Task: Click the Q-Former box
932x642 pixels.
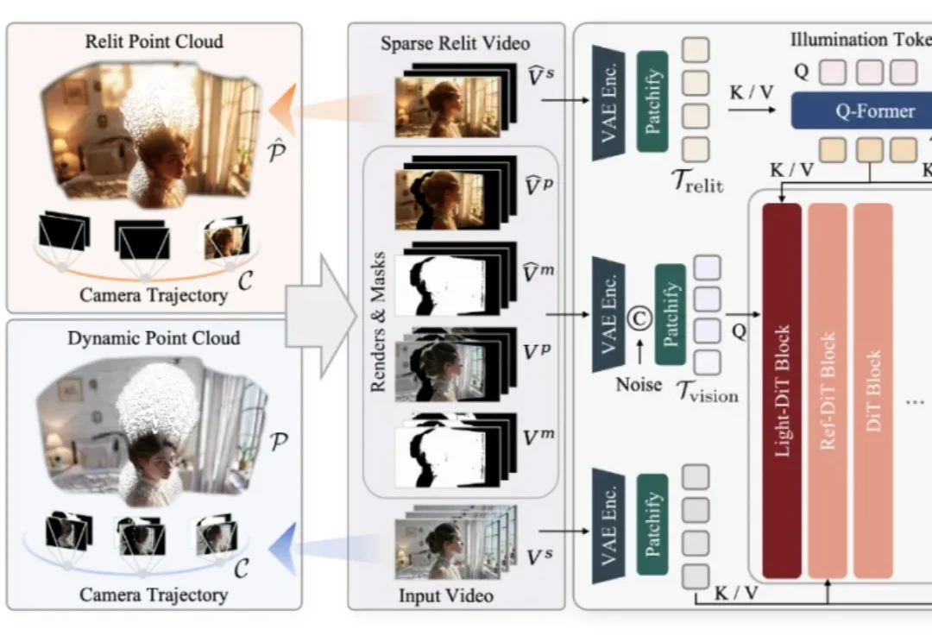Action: [x=875, y=111]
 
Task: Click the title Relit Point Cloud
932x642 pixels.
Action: [x=154, y=41]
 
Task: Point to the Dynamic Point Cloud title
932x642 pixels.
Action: [x=154, y=337]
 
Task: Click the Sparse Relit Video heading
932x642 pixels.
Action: [x=456, y=43]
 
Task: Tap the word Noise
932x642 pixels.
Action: [x=639, y=385]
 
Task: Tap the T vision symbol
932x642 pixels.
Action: [x=705, y=393]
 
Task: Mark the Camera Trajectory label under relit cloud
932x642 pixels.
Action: [x=154, y=295]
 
